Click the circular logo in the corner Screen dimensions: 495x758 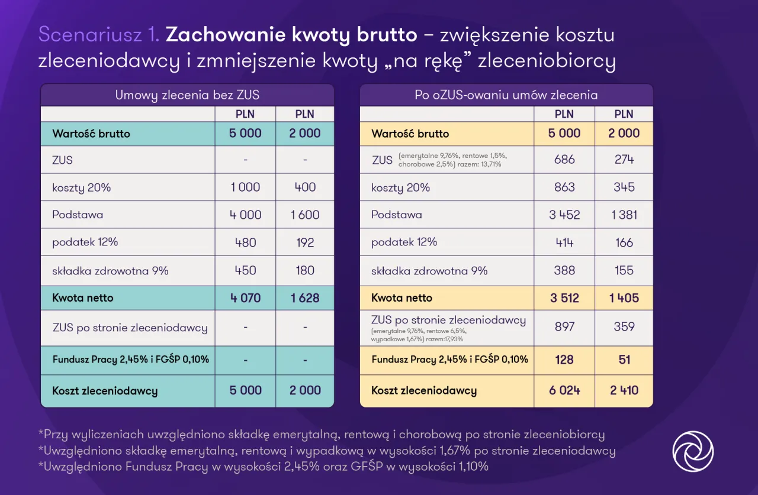(x=693, y=451)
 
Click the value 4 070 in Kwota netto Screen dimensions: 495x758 (x=245, y=298)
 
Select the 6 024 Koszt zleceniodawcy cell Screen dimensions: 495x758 (x=564, y=390)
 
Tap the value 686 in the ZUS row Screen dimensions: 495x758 (x=564, y=160)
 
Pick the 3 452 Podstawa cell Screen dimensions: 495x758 (x=564, y=215)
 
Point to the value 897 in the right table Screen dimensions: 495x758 (x=564, y=326)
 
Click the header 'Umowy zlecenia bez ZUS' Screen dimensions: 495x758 (x=187, y=95)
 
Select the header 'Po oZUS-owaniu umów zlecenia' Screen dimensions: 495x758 (x=506, y=95)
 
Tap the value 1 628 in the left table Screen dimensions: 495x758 (x=305, y=298)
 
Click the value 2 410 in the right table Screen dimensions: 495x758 (x=624, y=390)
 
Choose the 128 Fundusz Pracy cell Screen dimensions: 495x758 (x=564, y=360)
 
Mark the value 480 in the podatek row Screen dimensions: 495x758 (x=245, y=242)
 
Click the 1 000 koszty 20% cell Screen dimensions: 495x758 (x=245, y=187)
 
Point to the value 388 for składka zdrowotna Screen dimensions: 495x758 (x=564, y=270)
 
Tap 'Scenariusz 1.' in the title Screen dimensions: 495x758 (x=99, y=35)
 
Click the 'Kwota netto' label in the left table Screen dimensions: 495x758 (x=82, y=298)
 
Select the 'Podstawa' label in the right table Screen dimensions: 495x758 (x=397, y=215)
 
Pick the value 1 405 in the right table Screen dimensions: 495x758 (x=624, y=298)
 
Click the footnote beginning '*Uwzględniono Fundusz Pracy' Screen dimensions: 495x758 (x=264, y=467)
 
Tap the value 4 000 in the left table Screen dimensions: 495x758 (x=245, y=215)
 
